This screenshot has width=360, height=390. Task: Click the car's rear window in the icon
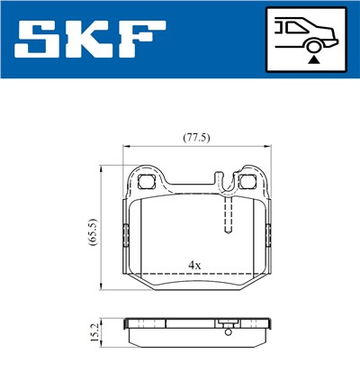(x=292, y=27)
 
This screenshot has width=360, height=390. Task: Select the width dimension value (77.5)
(x=196, y=138)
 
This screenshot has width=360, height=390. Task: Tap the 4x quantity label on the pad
(x=193, y=265)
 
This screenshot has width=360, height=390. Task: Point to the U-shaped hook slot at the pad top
(x=228, y=186)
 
